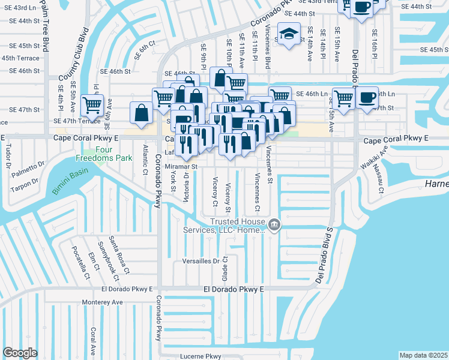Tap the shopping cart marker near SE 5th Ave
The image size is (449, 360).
(92, 105)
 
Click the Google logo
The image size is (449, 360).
(20, 353)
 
